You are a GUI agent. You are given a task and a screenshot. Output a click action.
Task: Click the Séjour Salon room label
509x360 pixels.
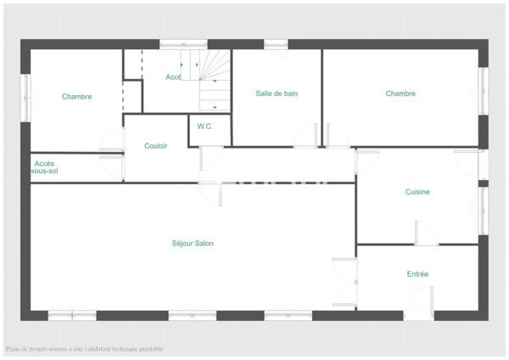point(192,244)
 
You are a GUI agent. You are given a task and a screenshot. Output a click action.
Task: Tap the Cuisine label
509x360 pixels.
point(417,192)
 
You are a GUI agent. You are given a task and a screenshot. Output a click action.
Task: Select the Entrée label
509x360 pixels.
point(417,274)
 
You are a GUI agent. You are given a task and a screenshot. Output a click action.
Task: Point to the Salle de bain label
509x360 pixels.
point(277,93)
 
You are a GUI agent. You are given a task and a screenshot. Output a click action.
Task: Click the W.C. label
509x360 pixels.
point(204,127)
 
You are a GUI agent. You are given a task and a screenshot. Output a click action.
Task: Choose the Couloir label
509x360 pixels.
point(155,146)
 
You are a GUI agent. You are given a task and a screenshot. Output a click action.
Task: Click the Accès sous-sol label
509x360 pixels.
point(45,166)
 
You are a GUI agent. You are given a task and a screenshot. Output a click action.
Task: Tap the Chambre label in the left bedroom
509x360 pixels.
point(76,97)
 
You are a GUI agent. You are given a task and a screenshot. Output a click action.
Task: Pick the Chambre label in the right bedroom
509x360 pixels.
point(400,93)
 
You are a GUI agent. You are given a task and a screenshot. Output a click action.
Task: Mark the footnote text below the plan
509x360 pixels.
point(84,349)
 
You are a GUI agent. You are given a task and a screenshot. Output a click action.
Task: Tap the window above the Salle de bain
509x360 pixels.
point(275,44)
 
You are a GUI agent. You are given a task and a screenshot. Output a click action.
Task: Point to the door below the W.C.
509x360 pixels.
point(211,158)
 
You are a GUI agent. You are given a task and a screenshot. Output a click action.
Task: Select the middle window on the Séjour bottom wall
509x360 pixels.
point(192,316)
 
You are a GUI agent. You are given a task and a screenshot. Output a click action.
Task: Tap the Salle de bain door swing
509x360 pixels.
point(307,136)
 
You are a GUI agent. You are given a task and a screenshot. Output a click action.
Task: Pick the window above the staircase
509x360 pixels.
point(183,44)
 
